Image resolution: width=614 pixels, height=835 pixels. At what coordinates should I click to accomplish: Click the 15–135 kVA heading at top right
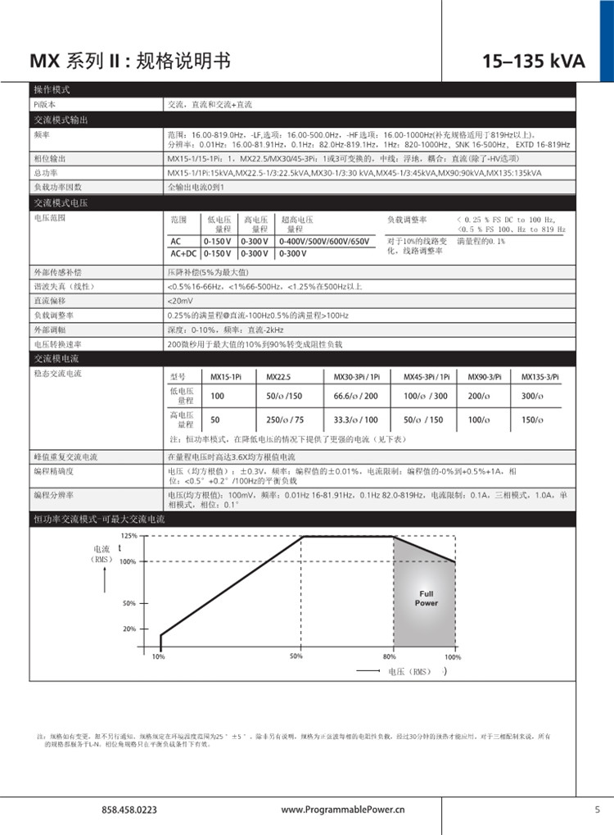pos(533,62)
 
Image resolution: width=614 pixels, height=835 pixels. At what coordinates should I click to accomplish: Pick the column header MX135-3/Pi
pos(541,376)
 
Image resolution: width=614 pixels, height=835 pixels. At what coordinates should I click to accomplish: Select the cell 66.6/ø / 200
pos(356,396)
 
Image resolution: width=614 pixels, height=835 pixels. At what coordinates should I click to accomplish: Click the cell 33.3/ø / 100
pos(356,420)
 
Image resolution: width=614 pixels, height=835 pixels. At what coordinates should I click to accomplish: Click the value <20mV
pos(180,301)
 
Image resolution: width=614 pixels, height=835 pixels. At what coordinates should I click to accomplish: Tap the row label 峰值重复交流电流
pos(65,456)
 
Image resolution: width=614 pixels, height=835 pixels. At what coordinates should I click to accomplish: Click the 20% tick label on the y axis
pos(129,629)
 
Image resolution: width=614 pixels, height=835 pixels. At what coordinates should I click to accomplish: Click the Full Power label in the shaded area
pos(426,598)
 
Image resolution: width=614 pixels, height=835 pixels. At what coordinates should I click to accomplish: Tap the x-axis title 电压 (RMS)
pos(409,671)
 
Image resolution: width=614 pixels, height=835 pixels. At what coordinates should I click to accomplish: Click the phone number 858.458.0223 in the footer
pos(129,809)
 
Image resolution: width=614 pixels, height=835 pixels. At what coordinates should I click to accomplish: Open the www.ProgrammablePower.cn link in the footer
pos(343,809)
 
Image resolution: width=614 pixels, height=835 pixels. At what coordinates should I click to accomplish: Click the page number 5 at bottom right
pos(597,809)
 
